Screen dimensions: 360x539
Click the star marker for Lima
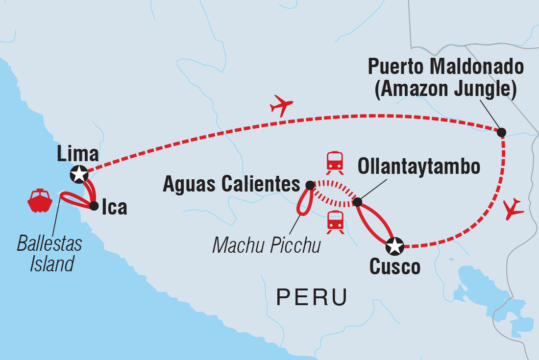pyautogui.click(x=79, y=173)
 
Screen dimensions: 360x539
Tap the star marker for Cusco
pyautogui.click(x=395, y=246)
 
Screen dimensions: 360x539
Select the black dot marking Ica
pyautogui.click(x=94, y=206)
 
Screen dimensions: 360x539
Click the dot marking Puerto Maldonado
pyautogui.click(x=501, y=132)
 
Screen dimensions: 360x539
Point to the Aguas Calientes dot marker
pyautogui.click(x=310, y=185)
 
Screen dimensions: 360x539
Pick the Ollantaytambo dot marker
pyautogui.click(x=358, y=202)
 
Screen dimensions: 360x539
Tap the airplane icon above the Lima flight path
pyautogui.click(x=281, y=105)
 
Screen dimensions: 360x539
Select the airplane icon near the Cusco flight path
pyautogui.click(x=513, y=209)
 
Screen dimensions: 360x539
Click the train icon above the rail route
pyautogui.click(x=335, y=161)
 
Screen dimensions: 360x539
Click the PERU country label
pyautogui.click(x=312, y=297)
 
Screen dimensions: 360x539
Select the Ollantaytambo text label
pyautogui.click(x=419, y=167)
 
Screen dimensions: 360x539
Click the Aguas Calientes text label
pyautogui.click(x=231, y=185)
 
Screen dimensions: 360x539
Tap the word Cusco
pyautogui.click(x=395, y=267)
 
